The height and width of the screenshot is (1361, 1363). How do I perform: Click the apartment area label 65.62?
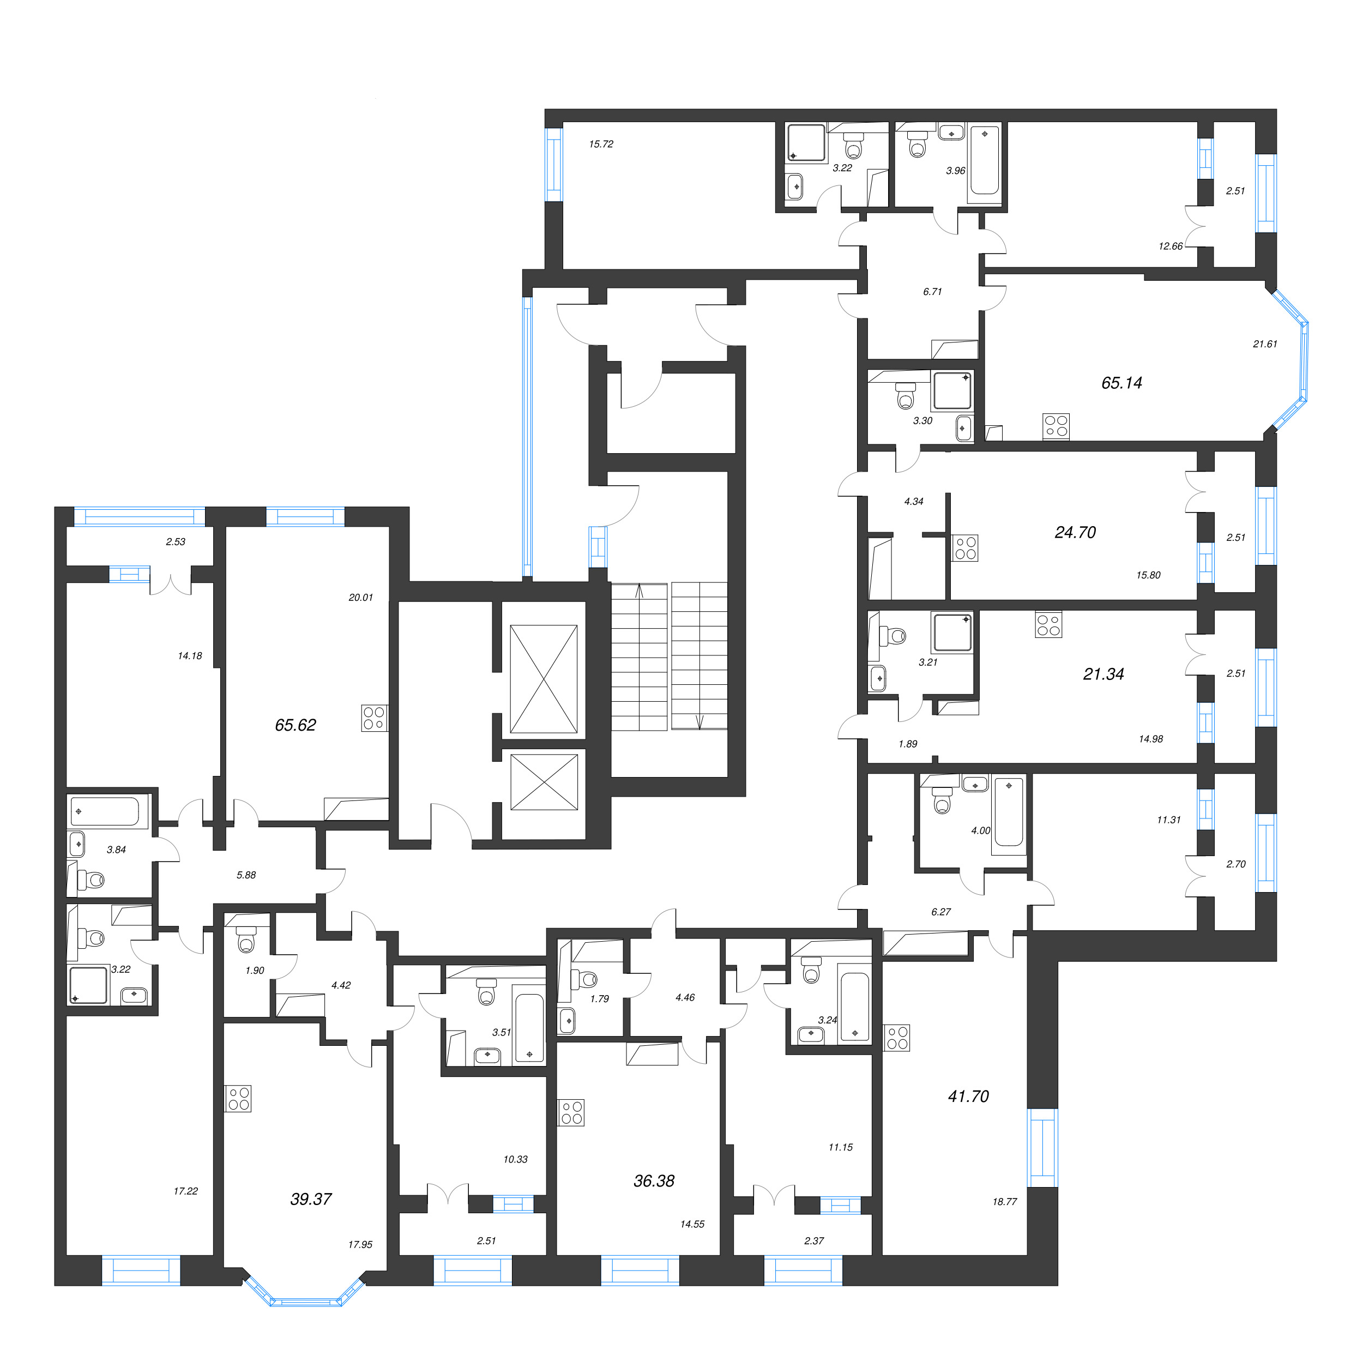295,725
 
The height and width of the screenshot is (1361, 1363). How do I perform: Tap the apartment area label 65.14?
1121,383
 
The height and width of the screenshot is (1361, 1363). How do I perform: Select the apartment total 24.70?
1075,533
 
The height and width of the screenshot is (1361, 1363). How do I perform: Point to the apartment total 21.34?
1103,675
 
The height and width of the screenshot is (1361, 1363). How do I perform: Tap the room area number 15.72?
601,144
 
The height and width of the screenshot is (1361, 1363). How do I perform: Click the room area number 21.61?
1265,344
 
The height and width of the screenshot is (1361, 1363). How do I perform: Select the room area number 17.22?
185,1191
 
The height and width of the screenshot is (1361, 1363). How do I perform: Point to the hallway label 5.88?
246,875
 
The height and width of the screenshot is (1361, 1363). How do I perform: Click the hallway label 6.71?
933,291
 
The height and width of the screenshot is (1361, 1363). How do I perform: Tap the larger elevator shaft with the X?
543,679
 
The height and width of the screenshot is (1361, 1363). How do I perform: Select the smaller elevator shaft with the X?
543,782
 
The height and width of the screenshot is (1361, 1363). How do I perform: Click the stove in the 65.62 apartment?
374,718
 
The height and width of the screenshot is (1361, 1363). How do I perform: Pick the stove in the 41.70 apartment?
897,1038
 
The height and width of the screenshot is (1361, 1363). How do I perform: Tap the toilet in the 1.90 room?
246,941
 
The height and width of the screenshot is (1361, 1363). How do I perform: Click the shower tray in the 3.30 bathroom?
952,391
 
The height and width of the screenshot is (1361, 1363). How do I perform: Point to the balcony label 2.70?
1236,864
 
